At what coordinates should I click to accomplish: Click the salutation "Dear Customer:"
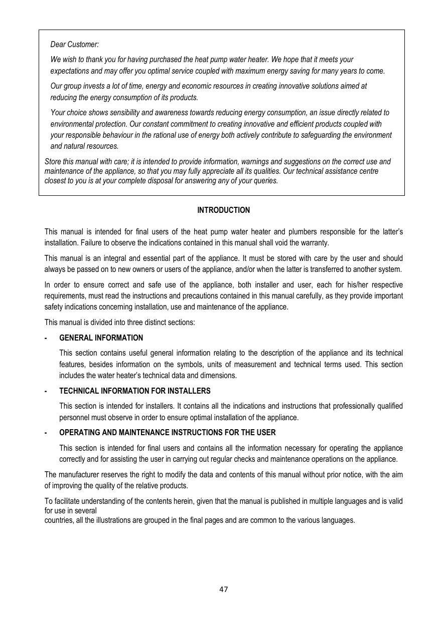pos(75,45)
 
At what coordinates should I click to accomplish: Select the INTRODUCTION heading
pos(223,210)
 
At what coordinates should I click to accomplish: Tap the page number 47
pos(224,589)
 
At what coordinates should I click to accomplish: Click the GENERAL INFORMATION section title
pos(101,338)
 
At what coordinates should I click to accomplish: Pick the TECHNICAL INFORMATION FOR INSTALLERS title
pos(134,391)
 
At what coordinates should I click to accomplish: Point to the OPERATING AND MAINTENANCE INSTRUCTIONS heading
pos(167,432)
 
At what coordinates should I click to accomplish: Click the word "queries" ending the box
pos(265,181)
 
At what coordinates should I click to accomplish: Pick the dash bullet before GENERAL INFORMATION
pos(46,338)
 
